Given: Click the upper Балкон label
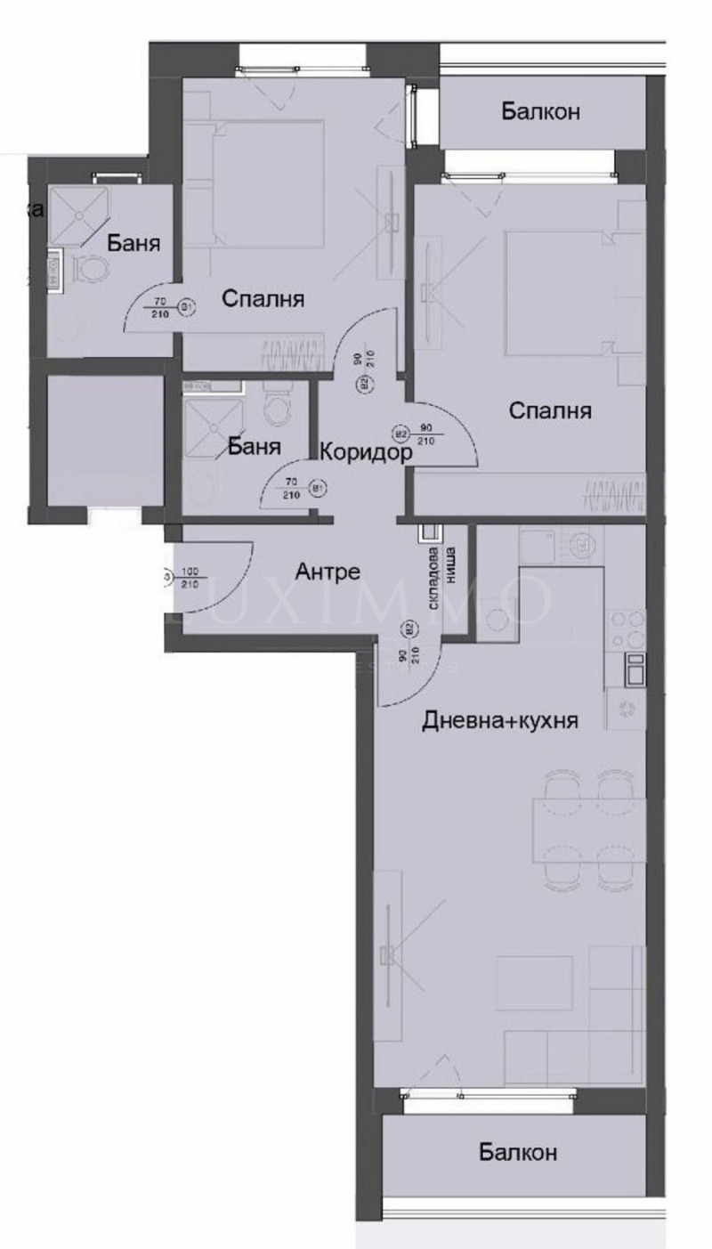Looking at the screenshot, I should click(540, 112).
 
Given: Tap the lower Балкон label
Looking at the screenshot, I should click(518, 1153).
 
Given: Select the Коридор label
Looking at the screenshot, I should click(366, 452).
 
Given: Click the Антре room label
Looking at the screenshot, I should click(328, 572).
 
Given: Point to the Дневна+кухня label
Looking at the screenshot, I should click(500, 720).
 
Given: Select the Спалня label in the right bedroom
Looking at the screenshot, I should click(551, 410).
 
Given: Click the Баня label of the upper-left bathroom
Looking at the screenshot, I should click(133, 243).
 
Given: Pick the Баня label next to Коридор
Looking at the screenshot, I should click(255, 446).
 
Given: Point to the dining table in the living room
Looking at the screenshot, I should click(587, 830).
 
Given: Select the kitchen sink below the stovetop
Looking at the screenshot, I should click(635, 669).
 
